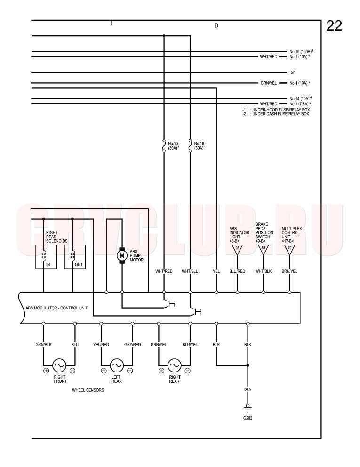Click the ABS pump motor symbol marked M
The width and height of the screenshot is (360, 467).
[x=121, y=255]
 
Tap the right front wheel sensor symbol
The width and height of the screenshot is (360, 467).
[x=59, y=365]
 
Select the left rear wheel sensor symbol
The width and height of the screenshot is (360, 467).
[x=117, y=365]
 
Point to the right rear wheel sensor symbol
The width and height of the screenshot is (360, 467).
[x=174, y=365]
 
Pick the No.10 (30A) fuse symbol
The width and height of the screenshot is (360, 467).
[x=164, y=145]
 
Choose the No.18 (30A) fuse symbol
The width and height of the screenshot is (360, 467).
[x=190, y=145]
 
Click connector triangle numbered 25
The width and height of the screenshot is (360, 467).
[x=237, y=250]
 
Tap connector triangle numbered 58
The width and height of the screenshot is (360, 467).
[x=264, y=250]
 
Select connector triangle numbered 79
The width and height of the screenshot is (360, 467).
[x=290, y=250]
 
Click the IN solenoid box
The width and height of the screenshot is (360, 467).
[x=46, y=257]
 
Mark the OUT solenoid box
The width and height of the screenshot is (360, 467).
[x=75, y=257]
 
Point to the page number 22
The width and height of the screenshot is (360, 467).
[x=334, y=26]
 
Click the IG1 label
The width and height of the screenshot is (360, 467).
[x=292, y=72]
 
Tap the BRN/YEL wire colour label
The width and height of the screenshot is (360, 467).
[x=290, y=271]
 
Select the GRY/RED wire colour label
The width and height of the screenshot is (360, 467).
[x=132, y=345]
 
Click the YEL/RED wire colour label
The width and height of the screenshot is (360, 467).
[x=101, y=345]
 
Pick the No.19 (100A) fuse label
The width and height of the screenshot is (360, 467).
[x=301, y=51]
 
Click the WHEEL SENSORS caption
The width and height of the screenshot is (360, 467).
[x=88, y=390]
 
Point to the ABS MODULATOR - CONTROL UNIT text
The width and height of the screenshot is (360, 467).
[x=56, y=308]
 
